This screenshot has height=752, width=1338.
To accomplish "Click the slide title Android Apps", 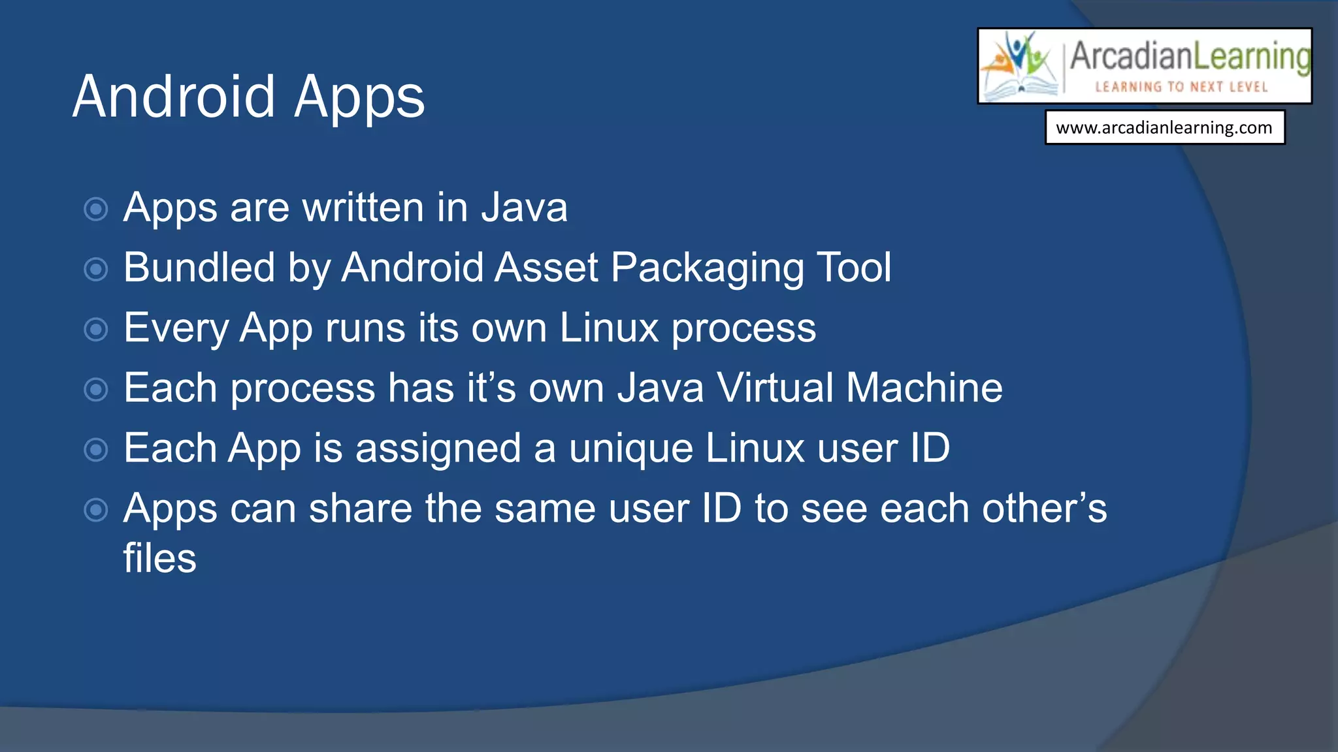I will (x=248, y=97).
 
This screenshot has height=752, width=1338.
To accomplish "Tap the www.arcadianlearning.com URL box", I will (x=1164, y=127).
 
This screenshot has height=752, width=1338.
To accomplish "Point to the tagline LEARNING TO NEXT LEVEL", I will (x=1181, y=87).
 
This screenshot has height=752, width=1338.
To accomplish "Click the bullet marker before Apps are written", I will (x=96, y=210).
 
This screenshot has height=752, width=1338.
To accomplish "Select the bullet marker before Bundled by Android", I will (x=96, y=270).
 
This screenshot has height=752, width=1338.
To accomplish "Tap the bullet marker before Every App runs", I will (x=96, y=330).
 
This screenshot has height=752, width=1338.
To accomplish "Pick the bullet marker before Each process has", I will (x=96, y=390).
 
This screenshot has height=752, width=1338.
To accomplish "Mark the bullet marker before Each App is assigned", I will (x=96, y=450).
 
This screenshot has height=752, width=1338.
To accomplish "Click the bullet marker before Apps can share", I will (x=96, y=510).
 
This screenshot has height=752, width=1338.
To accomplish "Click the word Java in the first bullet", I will (x=524, y=208).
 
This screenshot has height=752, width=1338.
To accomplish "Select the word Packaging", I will (x=707, y=268).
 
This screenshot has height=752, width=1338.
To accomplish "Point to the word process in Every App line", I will (x=743, y=328).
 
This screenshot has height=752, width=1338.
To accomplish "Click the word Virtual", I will (x=775, y=388).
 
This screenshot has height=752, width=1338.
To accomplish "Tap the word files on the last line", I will (x=159, y=558).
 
